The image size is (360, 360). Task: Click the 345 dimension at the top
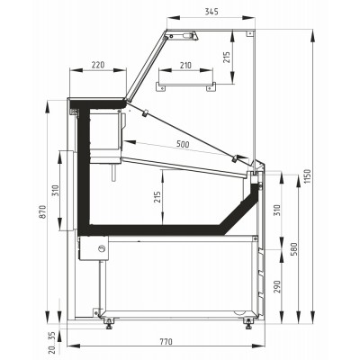point(211,12)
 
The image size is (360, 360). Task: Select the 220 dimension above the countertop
point(98,66)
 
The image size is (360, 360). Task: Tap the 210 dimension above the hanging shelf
point(186,66)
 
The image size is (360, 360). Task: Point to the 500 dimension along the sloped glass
point(183,144)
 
